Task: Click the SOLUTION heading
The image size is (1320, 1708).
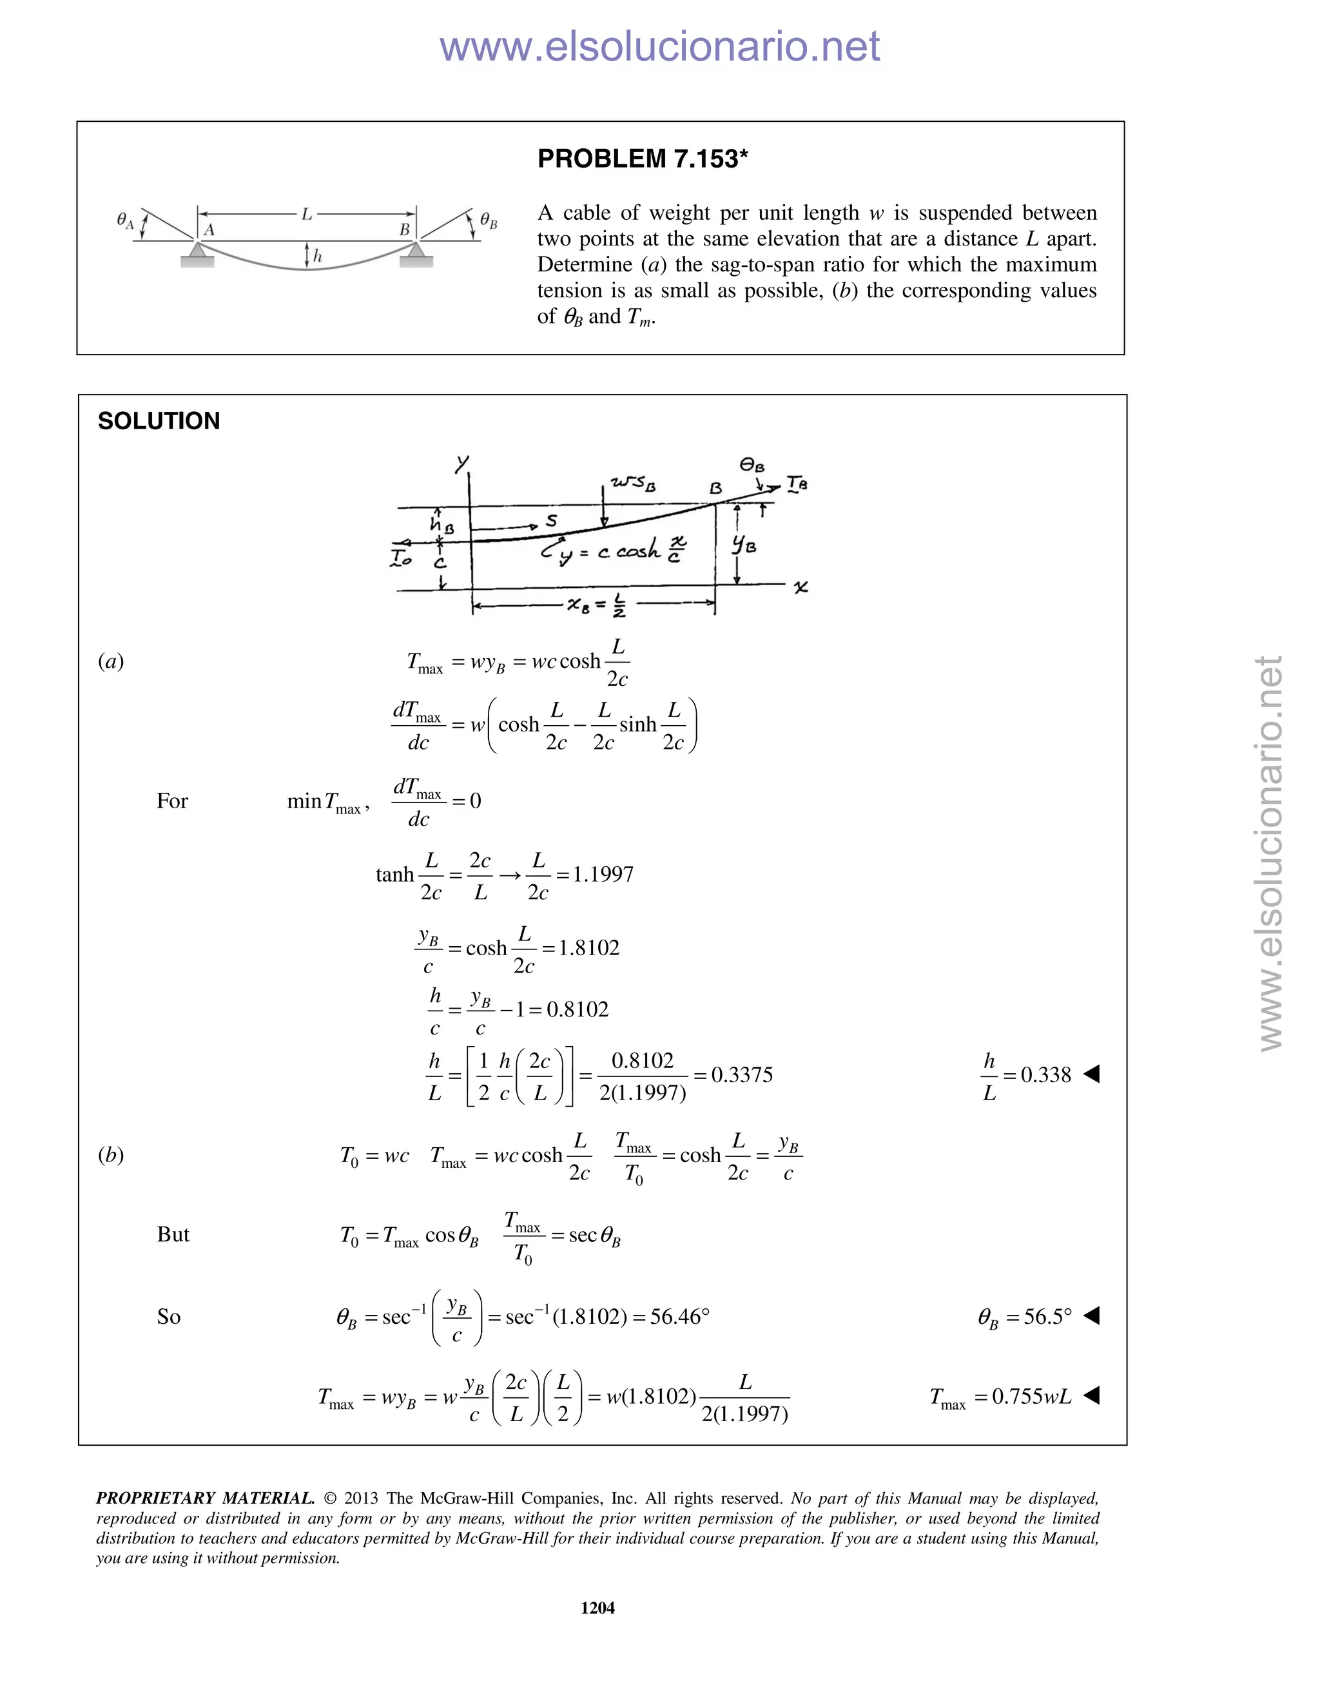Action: (159, 421)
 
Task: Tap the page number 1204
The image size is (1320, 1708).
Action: (597, 1607)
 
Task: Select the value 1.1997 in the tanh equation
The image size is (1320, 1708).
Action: (603, 875)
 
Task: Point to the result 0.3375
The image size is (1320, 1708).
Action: (741, 1074)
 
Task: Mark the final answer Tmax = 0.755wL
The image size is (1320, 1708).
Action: (1001, 1397)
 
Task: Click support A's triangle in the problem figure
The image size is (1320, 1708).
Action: (197, 249)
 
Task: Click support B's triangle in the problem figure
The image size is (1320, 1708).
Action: (416, 249)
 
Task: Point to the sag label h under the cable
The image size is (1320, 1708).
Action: (318, 256)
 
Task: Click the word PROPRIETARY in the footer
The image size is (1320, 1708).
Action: (149, 1498)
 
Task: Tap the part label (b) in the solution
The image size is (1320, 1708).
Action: (111, 1155)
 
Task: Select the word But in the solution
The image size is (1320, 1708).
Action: (173, 1234)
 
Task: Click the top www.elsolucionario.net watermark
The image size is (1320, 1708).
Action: (659, 46)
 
